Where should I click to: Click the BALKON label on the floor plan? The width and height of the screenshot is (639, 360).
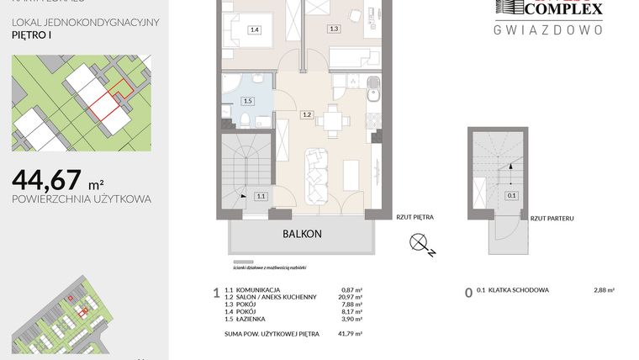click(x=302, y=235)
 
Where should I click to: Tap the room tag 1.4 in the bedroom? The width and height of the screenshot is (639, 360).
click(x=254, y=30)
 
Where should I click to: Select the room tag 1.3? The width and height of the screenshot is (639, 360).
click(x=334, y=29)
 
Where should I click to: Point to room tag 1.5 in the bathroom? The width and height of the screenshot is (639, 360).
click(x=246, y=101)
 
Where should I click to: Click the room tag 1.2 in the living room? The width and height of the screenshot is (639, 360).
click(x=307, y=114)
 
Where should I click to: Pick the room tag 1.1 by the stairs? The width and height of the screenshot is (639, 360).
click(x=261, y=196)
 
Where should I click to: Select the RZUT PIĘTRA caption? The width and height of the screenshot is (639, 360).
click(x=415, y=217)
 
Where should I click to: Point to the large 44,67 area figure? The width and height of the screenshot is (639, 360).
click(x=47, y=180)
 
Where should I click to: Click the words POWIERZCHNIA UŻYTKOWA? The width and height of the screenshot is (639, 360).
click(x=82, y=199)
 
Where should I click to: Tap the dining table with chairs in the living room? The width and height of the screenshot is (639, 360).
click(x=334, y=120)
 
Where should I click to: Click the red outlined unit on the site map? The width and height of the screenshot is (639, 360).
click(x=105, y=105)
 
